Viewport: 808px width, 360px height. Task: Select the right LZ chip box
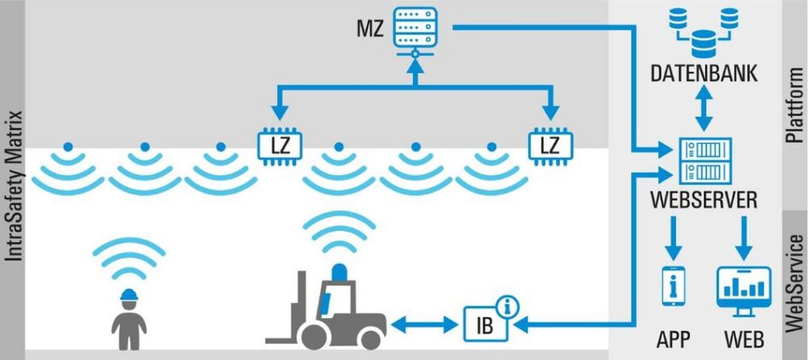pos(547,145)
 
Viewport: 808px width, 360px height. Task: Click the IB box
pos(485,325)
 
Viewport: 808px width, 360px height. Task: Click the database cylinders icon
pos(705,30)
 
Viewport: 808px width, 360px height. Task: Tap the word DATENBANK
pos(705,73)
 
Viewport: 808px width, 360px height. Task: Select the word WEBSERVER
pos(705,202)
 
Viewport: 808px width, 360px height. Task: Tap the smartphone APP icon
pos(673,286)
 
